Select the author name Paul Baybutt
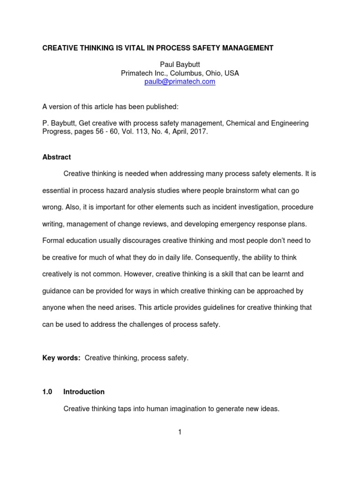click(x=180, y=65)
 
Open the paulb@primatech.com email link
click(x=180, y=82)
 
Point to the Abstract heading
click(x=57, y=157)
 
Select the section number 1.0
click(x=48, y=391)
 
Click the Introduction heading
click(x=84, y=391)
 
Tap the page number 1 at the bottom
click(x=180, y=432)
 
